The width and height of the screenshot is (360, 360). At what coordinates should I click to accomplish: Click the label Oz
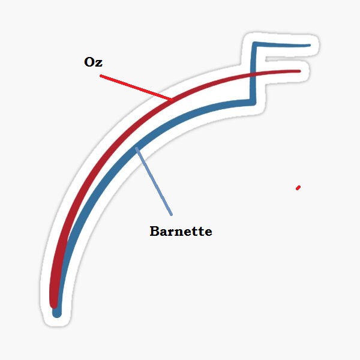pyautogui.click(x=93, y=62)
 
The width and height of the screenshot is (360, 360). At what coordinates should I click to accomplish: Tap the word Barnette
pyautogui.click(x=181, y=231)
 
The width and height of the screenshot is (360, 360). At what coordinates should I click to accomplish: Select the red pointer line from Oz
pyautogui.click(x=136, y=88)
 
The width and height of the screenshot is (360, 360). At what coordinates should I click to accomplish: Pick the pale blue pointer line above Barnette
pyautogui.click(x=154, y=181)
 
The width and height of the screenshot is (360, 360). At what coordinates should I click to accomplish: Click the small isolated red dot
pyautogui.click(x=298, y=188)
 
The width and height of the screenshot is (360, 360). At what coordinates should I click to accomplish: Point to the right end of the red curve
pyautogui.click(x=299, y=71)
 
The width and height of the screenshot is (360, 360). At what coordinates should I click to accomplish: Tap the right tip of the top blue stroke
pyautogui.click(x=310, y=46)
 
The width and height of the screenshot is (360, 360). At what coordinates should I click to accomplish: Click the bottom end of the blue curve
pyautogui.click(x=57, y=314)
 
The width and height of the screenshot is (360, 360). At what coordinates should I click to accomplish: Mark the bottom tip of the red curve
pyautogui.click(x=54, y=305)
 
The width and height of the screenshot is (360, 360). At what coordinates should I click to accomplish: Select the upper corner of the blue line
pyautogui.click(x=254, y=44)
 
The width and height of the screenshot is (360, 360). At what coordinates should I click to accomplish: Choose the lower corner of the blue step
pyautogui.click(x=253, y=103)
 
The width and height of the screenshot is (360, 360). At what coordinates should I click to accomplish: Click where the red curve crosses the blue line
pyautogui.click(x=253, y=74)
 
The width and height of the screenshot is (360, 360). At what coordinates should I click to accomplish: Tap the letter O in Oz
pyautogui.click(x=89, y=62)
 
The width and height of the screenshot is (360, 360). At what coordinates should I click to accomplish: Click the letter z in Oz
pyautogui.click(x=99, y=64)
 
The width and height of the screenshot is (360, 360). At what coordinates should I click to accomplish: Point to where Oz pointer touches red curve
pyautogui.click(x=172, y=100)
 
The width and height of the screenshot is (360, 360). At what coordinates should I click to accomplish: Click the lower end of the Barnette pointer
pyautogui.click(x=172, y=215)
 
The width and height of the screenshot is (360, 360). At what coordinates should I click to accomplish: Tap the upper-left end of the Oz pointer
pyautogui.click(x=101, y=76)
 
